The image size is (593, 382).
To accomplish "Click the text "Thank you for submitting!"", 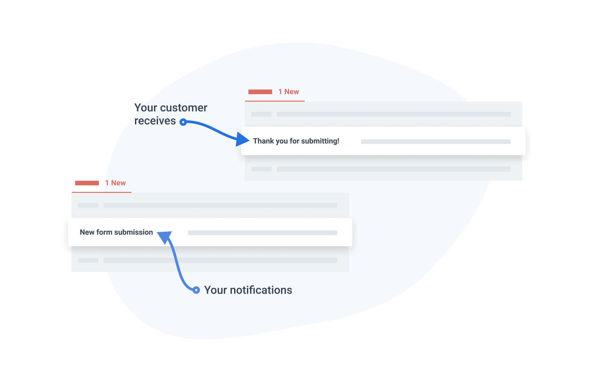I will [x=296, y=141].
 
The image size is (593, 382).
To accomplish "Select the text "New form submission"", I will [x=116, y=233].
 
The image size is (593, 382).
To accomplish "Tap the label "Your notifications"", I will [x=248, y=290].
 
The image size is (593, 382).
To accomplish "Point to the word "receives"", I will [x=155, y=121].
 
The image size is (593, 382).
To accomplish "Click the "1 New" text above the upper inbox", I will [x=289, y=92].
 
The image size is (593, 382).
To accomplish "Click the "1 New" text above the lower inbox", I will [x=115, y=183].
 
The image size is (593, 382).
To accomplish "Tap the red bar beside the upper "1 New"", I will [x=260, y=92].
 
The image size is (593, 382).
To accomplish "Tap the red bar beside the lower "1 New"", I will [x=87, y=183].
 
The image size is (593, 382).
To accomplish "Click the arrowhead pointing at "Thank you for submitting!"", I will [x=243, y=140].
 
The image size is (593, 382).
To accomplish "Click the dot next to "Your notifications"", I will [x=196, y=290].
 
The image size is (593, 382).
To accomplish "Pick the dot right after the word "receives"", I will [x=183, y=122].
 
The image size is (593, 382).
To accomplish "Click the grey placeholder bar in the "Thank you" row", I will [x=435, y=142].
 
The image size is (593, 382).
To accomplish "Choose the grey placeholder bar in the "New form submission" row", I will [x=262, y=233].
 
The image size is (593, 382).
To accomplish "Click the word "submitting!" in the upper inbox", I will [x=320, y=141].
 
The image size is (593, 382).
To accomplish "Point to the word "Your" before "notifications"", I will [x=215, y=290].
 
